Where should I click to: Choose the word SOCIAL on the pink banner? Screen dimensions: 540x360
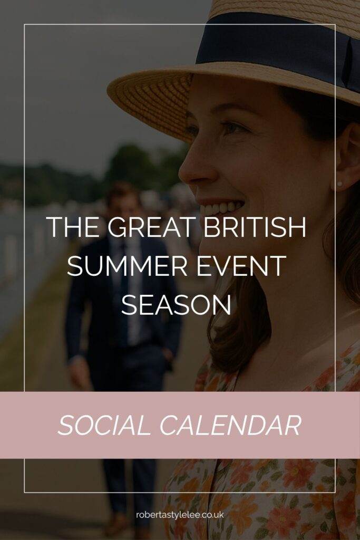(103, 425)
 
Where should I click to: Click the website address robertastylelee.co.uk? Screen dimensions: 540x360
(180, 514)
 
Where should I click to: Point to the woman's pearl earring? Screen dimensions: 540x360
(339, 184)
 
